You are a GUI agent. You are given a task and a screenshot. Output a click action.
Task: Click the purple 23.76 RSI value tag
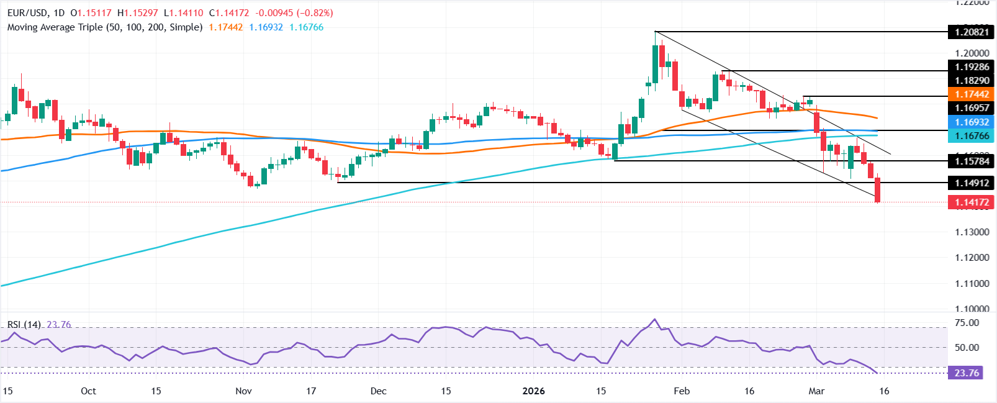(966, 373)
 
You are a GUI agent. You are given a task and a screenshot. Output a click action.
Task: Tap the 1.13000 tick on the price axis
(972, 232)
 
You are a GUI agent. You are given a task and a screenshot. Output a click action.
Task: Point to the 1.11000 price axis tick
(972, 284)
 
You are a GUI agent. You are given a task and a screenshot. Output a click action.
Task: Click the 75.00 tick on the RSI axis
(967, 323)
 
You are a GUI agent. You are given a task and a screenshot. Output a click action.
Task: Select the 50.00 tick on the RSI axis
(967, 348)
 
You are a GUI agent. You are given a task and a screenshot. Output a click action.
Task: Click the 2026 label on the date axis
(533, 391)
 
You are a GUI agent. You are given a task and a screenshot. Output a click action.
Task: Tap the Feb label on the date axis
(682, 391)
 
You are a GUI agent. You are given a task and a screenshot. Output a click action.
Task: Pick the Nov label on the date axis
(243, 391)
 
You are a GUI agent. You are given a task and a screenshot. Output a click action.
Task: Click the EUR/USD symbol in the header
(26, 13)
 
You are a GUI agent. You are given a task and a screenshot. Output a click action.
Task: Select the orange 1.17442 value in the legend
(225, 27)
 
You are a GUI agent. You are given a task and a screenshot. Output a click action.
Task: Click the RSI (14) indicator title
(24, 325)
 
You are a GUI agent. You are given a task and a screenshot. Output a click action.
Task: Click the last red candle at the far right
(878, 189)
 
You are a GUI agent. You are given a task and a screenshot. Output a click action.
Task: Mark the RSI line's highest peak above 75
(654, 320)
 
